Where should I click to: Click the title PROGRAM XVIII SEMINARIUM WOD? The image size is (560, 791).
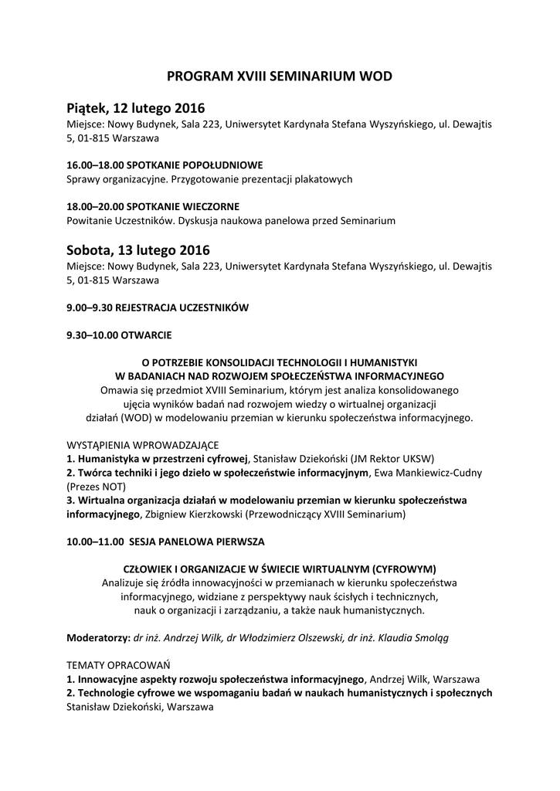coord(280,76)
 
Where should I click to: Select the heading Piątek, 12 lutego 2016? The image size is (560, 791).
coord(136,107)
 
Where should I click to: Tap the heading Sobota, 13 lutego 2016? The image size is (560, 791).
coord(137,250)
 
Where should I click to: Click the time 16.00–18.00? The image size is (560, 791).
coord(94,165)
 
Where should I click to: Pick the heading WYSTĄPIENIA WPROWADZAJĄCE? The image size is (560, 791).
coord(142,445)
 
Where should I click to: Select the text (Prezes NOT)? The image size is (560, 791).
coord(96,487)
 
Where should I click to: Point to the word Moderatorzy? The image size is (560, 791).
coord(98,638)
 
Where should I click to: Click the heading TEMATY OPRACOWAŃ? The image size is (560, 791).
coord(118,665)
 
